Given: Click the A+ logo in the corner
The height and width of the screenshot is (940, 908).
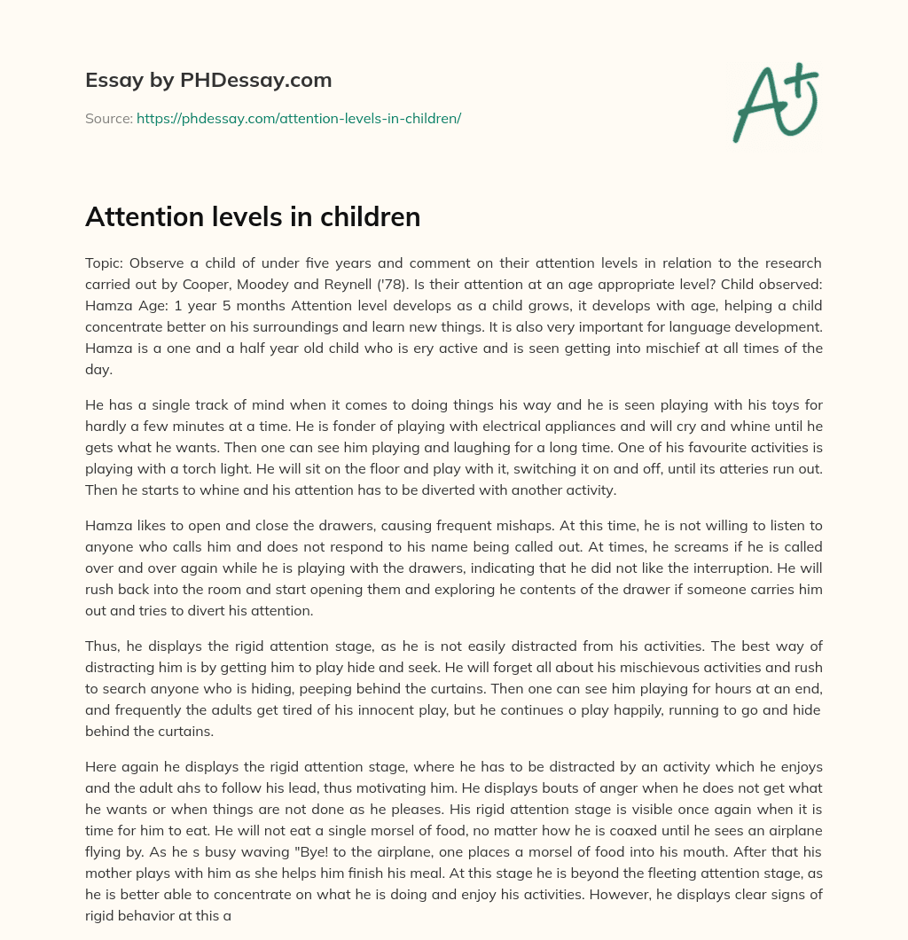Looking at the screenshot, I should point(774,101).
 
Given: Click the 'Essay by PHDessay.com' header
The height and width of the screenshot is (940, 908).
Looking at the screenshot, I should point(208,81).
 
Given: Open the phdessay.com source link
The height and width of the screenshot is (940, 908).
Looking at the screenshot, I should point(299,117).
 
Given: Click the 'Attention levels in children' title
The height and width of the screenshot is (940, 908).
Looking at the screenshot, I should point(253,217).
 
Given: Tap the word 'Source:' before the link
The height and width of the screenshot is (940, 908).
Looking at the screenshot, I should point(108,117).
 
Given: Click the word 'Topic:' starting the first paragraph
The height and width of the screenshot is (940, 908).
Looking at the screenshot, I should point(106,263).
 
